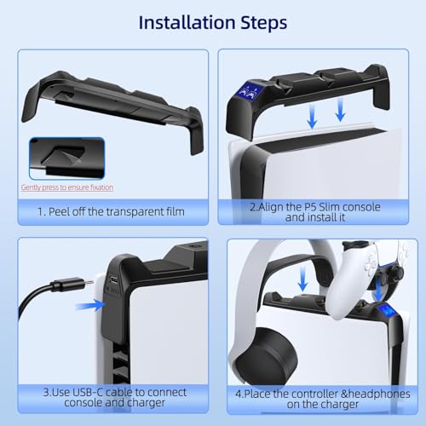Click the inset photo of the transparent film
pyautogui.click(x=66, y=159)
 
